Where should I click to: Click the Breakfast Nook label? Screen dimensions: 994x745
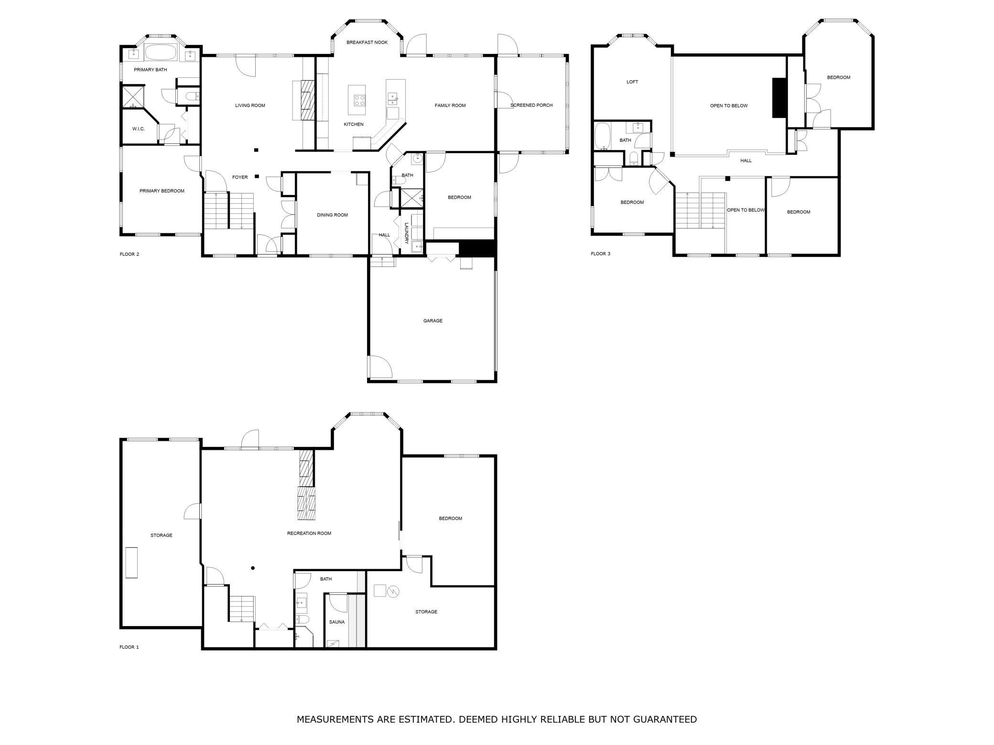click(367, 43)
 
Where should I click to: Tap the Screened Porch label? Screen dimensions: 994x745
click(531, 106)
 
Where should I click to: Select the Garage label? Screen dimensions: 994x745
click(433, 321)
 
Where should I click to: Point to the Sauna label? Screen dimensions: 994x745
click(337, 622)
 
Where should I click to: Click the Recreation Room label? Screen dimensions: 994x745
click(309, 533)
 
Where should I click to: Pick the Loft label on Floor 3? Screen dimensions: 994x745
click(632, 82)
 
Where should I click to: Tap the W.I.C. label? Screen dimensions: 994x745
click(139, 129)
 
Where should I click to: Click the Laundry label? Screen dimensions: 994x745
click(407, 234)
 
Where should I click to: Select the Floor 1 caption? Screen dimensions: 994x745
click(129, 647)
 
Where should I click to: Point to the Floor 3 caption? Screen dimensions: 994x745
click(601, 254)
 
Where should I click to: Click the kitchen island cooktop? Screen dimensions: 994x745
click(359, 100)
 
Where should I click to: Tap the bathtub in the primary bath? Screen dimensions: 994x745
click(161, 53)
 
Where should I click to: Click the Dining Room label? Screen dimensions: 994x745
click(333, 215)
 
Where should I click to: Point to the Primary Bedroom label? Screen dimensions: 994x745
click(162, 191)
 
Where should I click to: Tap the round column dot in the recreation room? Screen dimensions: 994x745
click(253, 568)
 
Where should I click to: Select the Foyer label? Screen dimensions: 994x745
click(240, 178)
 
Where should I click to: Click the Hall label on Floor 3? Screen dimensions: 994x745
click(746, 161)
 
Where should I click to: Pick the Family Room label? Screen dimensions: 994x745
click(450, 106)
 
